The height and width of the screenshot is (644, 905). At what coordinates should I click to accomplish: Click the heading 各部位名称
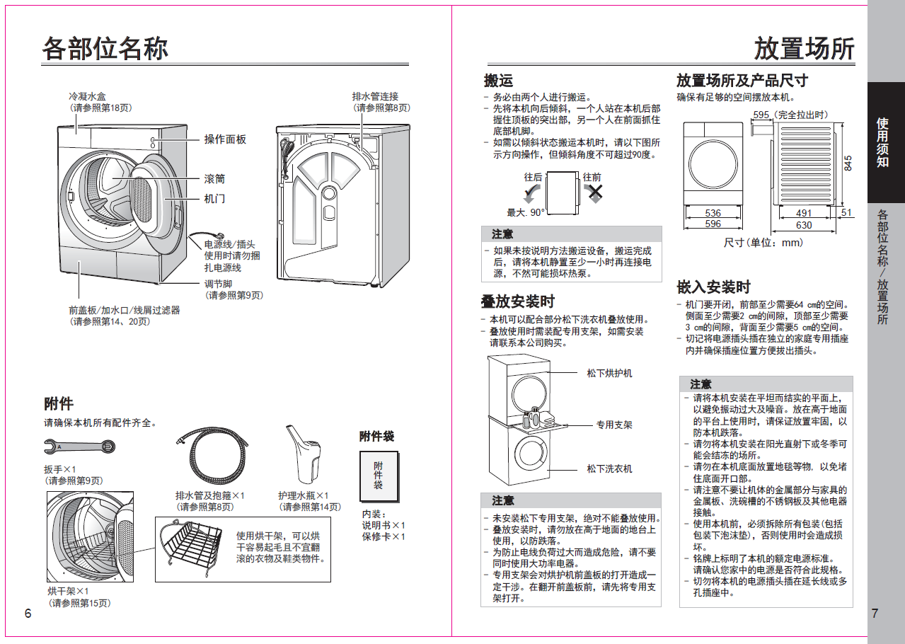point(105,49)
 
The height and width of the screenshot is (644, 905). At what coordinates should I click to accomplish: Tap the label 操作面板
point(225,139)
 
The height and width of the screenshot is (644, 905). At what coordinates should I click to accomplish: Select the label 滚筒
point(214,179)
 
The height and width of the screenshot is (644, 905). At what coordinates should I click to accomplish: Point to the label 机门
point(214,199)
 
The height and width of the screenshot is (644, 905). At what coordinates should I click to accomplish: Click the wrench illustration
point(79,447)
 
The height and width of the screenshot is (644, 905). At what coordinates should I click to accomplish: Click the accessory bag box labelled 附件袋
point(379,477)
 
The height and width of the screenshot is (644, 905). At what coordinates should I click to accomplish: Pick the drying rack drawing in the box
point(190,546)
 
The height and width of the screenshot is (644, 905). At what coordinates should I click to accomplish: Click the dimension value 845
point(848,163)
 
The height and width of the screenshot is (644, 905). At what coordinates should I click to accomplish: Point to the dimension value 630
point(804,225)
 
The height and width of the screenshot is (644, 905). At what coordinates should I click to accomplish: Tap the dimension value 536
point(713,213)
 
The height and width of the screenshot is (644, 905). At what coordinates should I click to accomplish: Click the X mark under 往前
point(595,192)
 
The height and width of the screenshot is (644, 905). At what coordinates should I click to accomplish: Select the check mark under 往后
point(532,193)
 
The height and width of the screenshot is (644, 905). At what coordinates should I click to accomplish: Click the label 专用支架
point(614,425)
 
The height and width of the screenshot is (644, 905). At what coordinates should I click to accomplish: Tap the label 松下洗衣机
point(609,468)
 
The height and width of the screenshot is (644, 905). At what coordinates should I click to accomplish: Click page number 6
point(28,614)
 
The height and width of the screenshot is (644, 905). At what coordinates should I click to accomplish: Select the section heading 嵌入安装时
point(713,287)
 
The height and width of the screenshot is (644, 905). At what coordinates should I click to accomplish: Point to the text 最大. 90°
point(526,212)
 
